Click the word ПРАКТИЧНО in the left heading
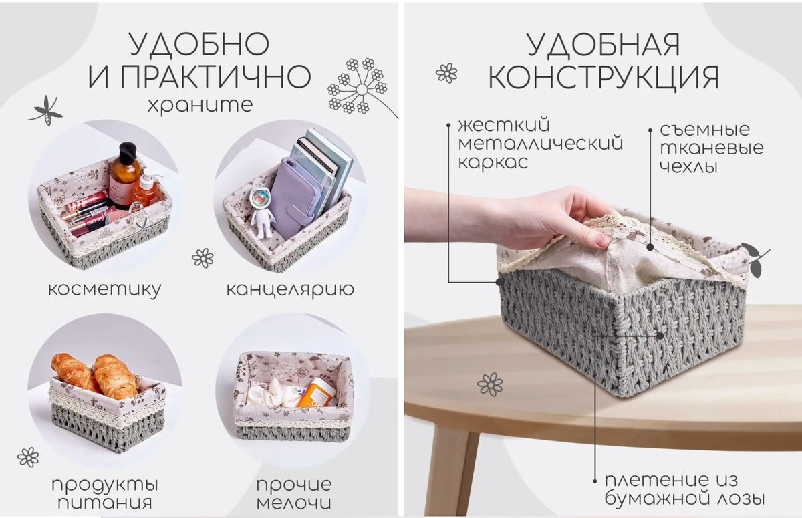pos(215,76)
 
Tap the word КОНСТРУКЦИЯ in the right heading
pos(604,77)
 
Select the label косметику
pos(104,289)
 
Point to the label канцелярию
pos(290,289)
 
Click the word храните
pos(200,106)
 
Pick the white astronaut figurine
pos(263,214)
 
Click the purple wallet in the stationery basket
pos(292,198)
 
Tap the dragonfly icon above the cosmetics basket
pos(46,110)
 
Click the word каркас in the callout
pos(493,162)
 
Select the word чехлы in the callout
pos(688,167)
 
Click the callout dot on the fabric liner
pos(650,247)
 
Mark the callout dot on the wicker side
pos(660,336)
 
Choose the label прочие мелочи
pos(294,493)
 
